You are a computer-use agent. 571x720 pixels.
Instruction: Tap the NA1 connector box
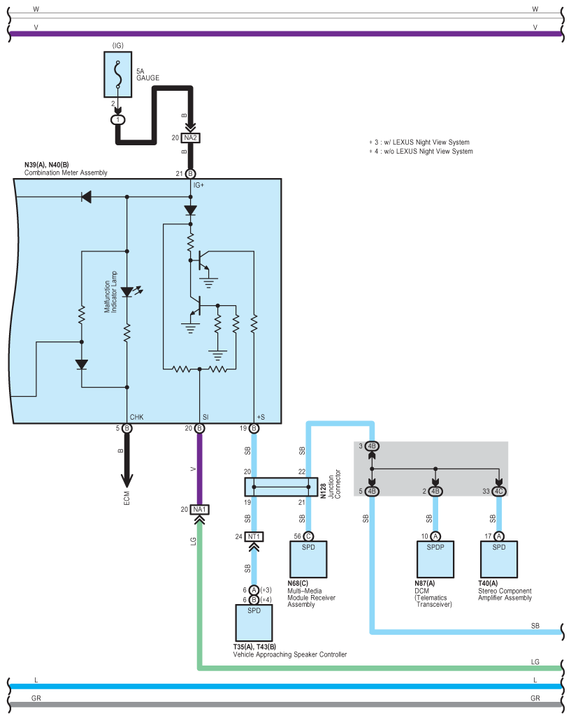tap(199, 510)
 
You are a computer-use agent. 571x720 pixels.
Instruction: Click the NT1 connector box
tap(254, 536)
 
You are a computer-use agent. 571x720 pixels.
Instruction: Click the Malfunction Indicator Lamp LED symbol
tap(127, 292)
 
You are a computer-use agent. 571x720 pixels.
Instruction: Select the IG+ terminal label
tap(198, 185)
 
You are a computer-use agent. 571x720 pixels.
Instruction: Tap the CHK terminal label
tap(136, 417)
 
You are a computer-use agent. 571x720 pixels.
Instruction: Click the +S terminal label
tap(261, 417)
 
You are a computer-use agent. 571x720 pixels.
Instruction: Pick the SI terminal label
tap(205, 417)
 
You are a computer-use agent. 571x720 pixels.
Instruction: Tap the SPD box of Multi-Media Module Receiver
tap(308, 559)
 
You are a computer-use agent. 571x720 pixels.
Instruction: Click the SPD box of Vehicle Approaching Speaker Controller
tap(254, 621)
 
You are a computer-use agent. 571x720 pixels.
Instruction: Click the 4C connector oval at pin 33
tap(499, 491)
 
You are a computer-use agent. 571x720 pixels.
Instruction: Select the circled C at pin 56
tap(308, 536)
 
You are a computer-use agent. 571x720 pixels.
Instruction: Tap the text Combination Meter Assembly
tap(66, 172)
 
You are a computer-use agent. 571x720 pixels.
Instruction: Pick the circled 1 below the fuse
tap(119, 119)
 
